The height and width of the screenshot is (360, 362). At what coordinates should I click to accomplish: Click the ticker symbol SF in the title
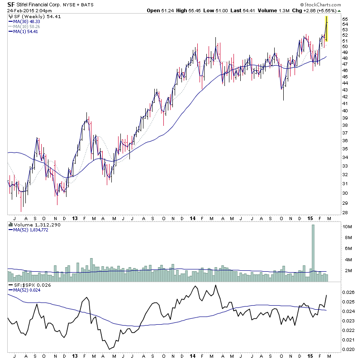11,4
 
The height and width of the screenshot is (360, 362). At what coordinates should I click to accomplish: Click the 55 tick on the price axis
345,19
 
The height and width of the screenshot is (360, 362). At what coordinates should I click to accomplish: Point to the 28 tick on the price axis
345,213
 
